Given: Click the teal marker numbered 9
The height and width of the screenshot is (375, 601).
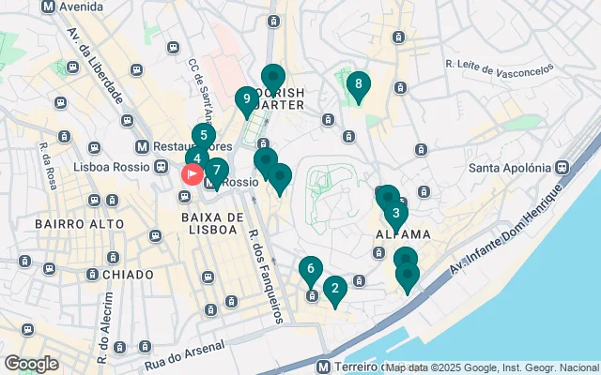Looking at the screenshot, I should click(246, 98).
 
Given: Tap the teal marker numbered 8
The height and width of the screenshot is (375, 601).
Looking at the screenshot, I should click(357, 85).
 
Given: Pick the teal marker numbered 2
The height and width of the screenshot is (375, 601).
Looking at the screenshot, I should click(334, 289).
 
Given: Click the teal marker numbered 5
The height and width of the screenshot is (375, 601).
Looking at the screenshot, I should click(204, 136).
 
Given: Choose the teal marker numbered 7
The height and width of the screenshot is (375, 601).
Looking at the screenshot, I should click(217, 171).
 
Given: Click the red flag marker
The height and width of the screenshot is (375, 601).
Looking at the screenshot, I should click(192, 173).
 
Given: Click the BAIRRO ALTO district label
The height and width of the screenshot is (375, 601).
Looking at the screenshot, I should click(79, 224).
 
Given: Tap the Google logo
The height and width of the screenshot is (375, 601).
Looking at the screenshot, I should click(31, 364).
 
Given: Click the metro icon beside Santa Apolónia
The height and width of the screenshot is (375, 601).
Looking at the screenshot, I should click(562, 168).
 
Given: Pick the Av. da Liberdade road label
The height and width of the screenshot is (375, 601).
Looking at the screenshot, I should click(95, 67).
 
